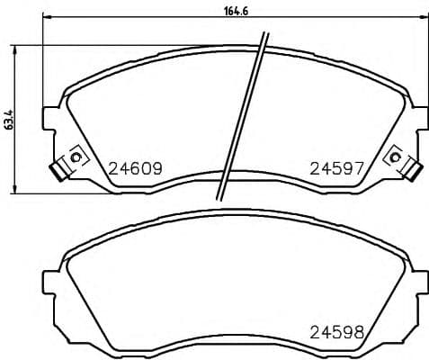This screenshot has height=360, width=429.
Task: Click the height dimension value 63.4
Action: tap(9, 119)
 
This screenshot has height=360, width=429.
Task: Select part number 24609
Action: tap(135, 168)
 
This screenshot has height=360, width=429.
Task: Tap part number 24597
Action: tap(336, 168)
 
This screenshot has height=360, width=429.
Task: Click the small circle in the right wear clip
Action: tap(395, 157)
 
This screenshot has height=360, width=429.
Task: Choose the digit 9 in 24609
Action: tap(156, 168)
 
